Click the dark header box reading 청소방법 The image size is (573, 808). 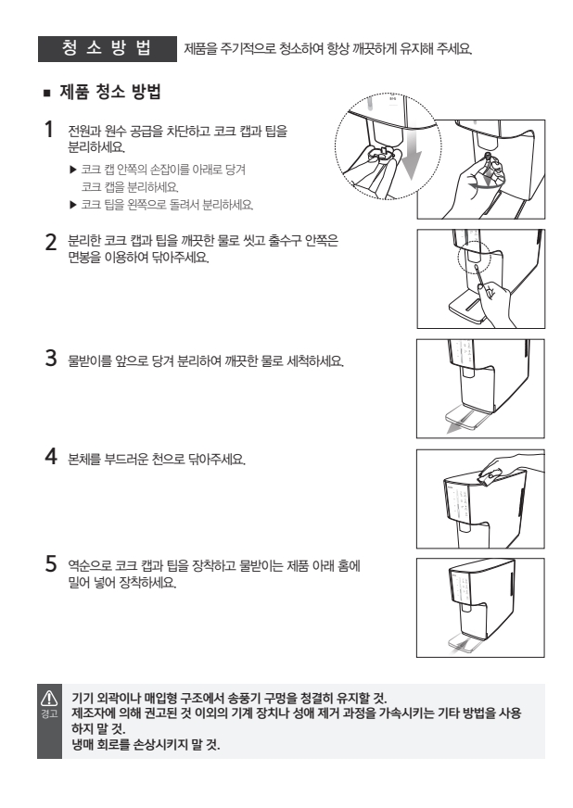point(108,49)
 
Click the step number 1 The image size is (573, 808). point(49,130)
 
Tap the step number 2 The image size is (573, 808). point(51,242)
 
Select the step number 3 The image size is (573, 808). point(51,359)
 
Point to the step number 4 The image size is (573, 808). point(51,456)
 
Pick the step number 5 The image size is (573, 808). point(51,563)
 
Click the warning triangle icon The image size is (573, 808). point(49,698)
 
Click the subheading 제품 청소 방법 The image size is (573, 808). point(110,92)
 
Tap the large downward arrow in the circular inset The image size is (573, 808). point(411,153)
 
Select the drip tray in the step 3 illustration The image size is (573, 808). point(466,416)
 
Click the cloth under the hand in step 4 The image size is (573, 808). point(492,475)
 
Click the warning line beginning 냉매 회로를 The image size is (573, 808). point(146,745)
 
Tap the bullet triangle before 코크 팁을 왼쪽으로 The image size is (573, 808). point(72,205)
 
